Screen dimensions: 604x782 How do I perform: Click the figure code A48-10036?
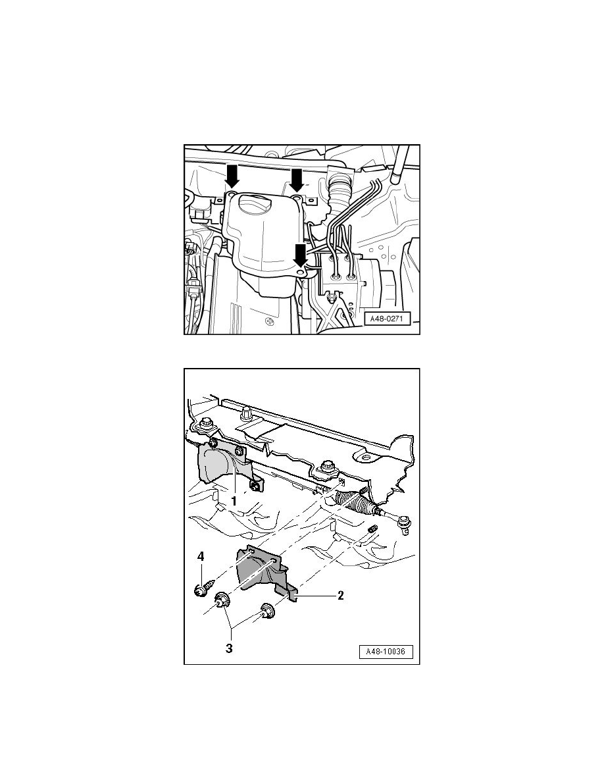(386, 652)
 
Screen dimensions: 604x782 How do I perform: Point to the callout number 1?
(234, 501)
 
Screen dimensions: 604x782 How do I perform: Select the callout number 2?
(341, 595)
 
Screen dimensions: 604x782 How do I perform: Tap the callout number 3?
(229, 648)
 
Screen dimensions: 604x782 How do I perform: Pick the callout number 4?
(201, 557)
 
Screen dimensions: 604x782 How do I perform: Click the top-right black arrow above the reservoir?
(297, 180)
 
